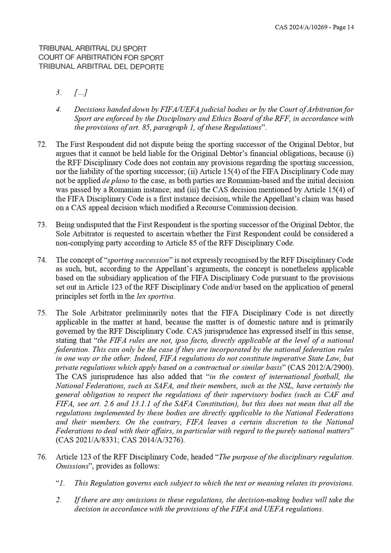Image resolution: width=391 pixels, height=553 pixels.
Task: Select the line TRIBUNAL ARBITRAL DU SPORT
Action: pos(93,49)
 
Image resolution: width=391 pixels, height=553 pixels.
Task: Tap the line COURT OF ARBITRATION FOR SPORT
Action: pos(101,58)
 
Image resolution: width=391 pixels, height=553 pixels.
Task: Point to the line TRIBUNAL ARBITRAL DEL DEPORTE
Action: pos(101,67)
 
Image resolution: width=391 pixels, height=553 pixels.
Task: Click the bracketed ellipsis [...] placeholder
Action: pos(80,93)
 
